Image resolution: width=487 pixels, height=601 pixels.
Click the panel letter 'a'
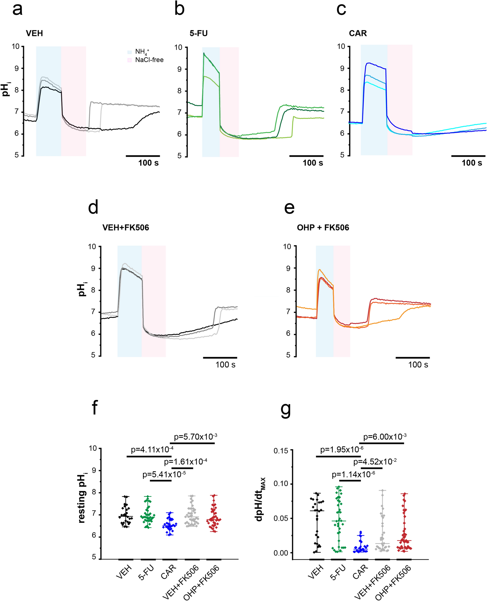pyautogui.click(x=17, y=10)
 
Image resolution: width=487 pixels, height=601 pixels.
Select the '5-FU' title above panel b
pyautogui.click(x=198, y=33)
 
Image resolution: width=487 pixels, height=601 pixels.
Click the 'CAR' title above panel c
pyautogui.click(x=358, y=33)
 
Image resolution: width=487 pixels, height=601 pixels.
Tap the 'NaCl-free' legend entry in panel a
pyautogui.click(x=149, y=60)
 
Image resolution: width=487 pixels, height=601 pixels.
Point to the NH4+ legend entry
pyautogui.click(x=142, y=52)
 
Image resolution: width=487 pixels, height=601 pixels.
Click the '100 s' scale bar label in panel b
pyautogui.click(x=313, y=163)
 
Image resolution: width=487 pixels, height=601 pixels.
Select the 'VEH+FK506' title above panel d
pyautogui.click(x=125, y=227)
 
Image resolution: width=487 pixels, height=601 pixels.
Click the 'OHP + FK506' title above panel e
pyautogui.click(x=323, y=227)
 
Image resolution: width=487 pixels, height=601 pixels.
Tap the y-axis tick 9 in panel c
pyautogui.click(x=342, y=68)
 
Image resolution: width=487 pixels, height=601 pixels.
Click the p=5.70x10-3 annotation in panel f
pyautogui.click(x=195, y=437)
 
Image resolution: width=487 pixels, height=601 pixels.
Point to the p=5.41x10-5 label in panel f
pyautogui.click(x=164, y=474)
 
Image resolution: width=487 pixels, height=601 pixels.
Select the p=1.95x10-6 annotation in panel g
pyautogui.click(x=342, y=449)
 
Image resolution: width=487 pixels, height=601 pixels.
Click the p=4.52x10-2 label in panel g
pyautogui.click(x=374, y=462)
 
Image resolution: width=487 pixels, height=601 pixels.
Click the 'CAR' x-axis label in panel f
pyautogui.click(x=168, y=572)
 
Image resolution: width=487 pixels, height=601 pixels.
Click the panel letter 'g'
pyautogui.click(x=286, y=410)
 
